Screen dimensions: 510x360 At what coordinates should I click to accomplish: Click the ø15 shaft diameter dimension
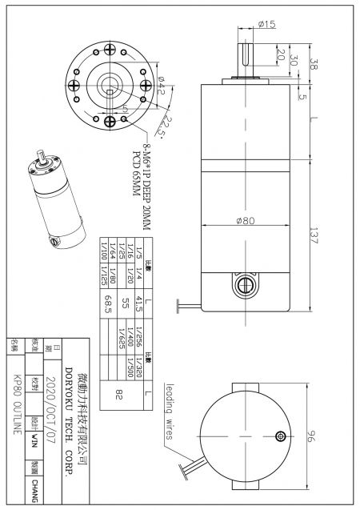(x=266, y=25)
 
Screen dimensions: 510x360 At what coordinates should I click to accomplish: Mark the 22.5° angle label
(x=165, y=125)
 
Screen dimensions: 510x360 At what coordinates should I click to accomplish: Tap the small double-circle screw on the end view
(x=279, y=436)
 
